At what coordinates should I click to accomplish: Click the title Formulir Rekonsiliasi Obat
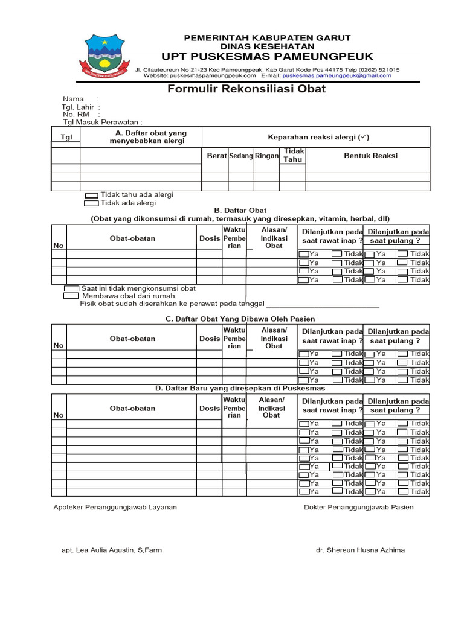tap(246, 89)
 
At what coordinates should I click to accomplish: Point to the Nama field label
tap(73, 99)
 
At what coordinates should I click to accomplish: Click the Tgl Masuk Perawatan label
tap(102, 122)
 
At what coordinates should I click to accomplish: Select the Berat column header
tap(216, 156)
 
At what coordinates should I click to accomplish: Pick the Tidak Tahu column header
tap(294, 156)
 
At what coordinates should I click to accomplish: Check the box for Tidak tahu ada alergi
tap(91, 196)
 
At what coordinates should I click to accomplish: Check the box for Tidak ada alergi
tap(91, 204)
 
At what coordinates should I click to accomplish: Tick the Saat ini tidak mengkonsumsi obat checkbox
tap(71, 288)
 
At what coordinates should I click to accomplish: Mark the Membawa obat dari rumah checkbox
tap(71, 296)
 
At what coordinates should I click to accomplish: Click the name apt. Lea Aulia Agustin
tap(112, 550)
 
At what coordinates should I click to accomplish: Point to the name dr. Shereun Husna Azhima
tap(360, 550)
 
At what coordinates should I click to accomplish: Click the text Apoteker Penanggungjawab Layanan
tap(115, 507)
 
